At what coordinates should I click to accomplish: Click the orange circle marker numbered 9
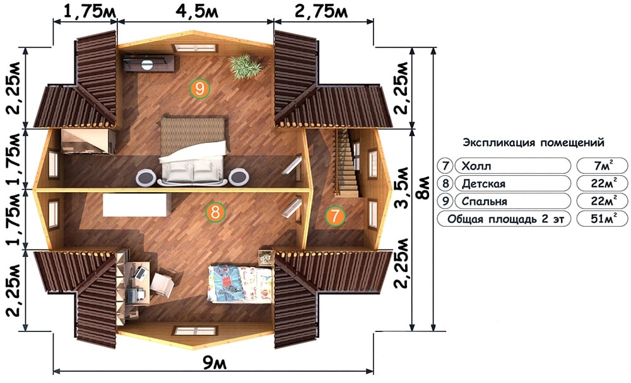point(200,88)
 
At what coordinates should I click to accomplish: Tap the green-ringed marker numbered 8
point(215,212)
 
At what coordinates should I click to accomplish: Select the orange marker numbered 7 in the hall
point(335,216)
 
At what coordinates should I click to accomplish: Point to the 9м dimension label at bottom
point(215,363)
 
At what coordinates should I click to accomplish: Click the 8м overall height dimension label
point(423,189)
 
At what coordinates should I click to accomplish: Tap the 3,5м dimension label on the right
point(401,188)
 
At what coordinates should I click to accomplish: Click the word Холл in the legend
point(476,166)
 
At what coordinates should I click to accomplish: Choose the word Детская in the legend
point(483,184)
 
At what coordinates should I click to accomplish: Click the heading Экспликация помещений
point(533,142)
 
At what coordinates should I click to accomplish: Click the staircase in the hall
point(346,163)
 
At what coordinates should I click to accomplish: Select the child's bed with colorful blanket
point(240,283)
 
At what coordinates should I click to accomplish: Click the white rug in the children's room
point(135,205)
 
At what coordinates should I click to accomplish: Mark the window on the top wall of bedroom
point(195,49)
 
